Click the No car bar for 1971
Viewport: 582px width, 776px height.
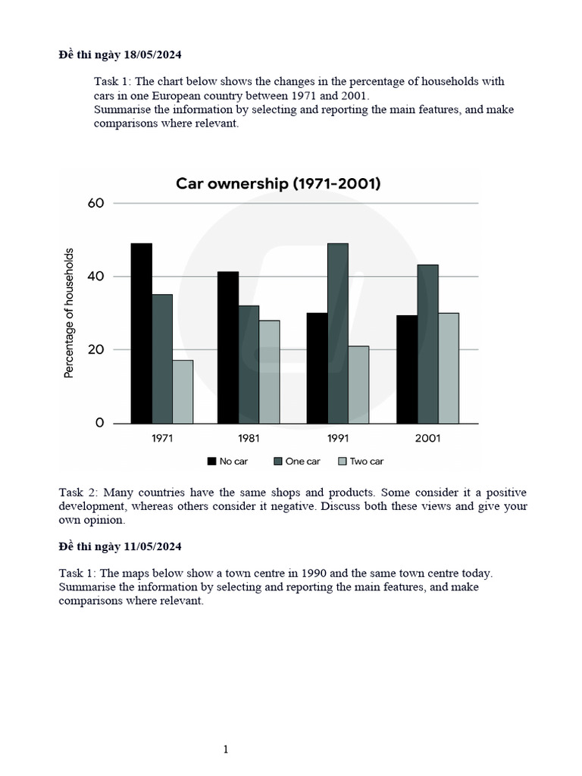click(141, 333)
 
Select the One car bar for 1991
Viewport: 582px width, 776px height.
click(338, 333)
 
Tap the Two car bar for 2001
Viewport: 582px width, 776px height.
click(448, 368)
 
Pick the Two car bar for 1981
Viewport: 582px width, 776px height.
click(269, 372)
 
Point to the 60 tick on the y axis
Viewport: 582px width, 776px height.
click(95, 203)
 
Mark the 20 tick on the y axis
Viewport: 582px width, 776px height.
click(95, 350)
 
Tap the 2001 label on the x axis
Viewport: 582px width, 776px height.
click(427, 438)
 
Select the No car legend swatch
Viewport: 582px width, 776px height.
click(211, 461)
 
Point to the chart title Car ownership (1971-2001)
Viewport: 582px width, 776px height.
click(278, 183)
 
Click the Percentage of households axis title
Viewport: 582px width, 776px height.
click(69, 313)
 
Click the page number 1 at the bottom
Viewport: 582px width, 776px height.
click(226, 749)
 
